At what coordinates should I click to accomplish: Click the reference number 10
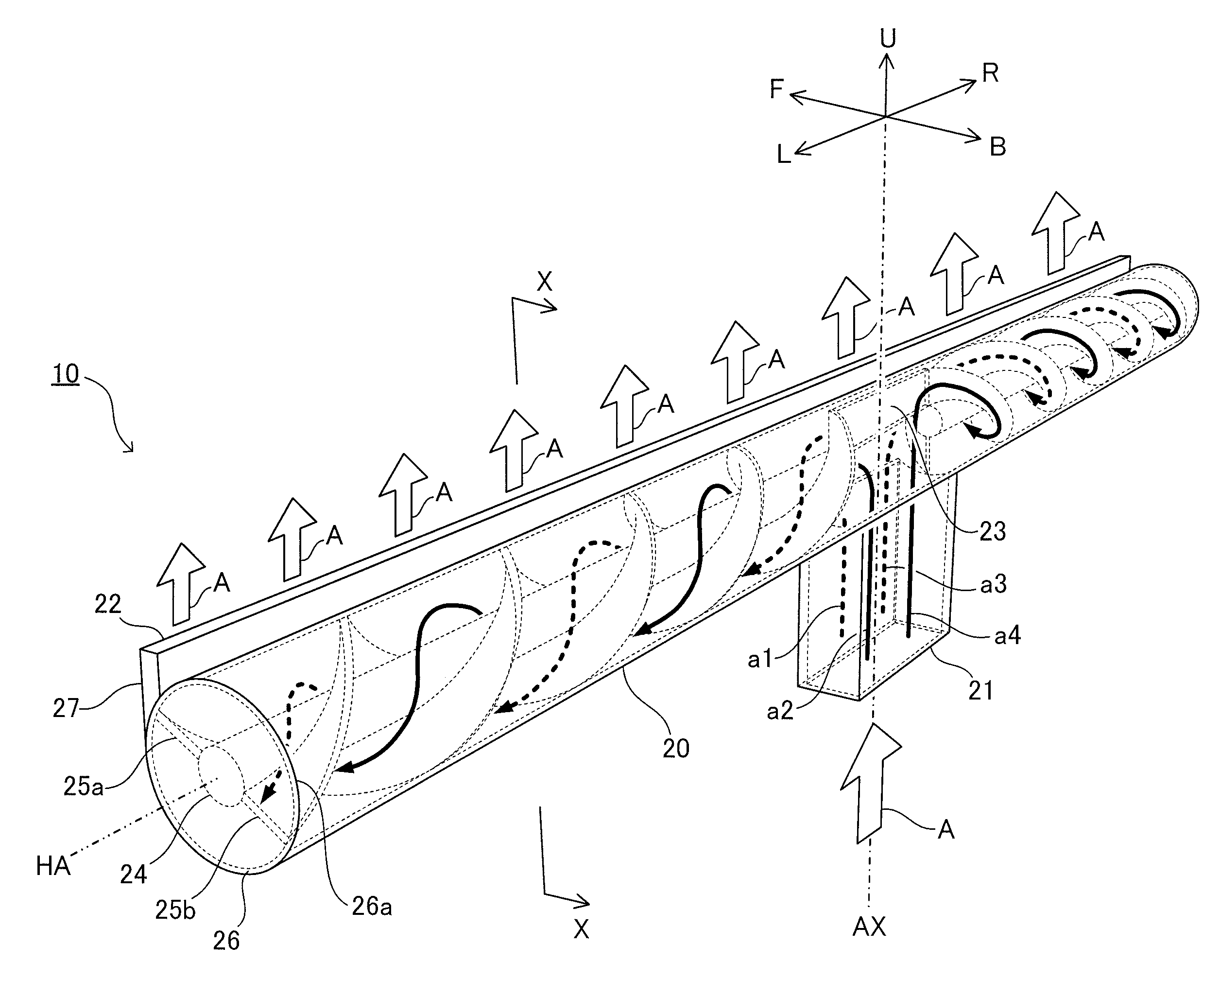pyautogui.click(x=66, y=374)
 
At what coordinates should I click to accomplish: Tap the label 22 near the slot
pyautogui.click(x=108, y=604)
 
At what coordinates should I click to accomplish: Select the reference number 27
pyautogui.click(x=66, y=708)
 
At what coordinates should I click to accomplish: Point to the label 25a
pyautogui.click(x=83, y=786)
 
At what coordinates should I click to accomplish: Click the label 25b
pyautogui.click(x=175, y=909)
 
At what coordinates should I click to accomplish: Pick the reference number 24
pyautogui.click(x=134, y=875)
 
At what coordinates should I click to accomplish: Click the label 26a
pyautogui.click(x=372, y=906)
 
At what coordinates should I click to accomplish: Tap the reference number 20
pyautogui.click(x=676, y=748)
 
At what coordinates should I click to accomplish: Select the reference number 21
pyautogui.click(x=980, y=690)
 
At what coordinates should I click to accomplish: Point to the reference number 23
pyautogui.click(x=993, y=531)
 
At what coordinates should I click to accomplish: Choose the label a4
pyautogui.click(x=1008, y=636)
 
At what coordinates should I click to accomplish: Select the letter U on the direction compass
pyautogui.click(x=888, y=38)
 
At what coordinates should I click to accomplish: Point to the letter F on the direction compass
pyautogui.click(x=777, y=89)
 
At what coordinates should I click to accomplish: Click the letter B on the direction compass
pyautogui.click(x=998, y=147)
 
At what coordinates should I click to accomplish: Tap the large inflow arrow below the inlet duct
pyautogui.click(x=870, y=784)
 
